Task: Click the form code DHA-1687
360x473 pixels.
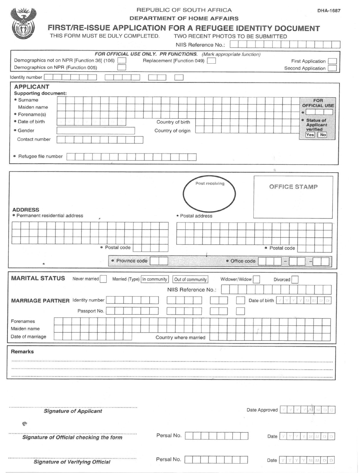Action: pos(329,10)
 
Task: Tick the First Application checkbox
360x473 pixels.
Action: pos(332,61)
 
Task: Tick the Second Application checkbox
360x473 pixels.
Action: pos(332,68)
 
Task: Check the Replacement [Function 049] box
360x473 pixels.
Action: pos(211,61)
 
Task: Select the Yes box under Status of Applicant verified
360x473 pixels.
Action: pos(310,135)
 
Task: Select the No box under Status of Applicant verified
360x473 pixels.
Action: pos(323,135)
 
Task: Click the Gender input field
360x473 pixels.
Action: pos(95,131)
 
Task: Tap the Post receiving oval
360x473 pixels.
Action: pos(209,194)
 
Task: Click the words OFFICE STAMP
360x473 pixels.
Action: pos(293,187)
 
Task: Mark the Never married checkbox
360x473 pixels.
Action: pos(103,279)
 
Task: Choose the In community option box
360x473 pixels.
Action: pos(155,279)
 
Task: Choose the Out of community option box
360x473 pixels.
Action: pos(190,279)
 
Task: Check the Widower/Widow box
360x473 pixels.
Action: pos(256,279)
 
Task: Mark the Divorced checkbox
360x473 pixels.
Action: pos(295,279)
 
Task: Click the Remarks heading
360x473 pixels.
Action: pos(22,352)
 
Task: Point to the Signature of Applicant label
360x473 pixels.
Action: pos(73,411)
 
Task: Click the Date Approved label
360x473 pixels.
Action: pos(262,410)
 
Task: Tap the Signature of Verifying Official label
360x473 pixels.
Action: pos(72,462)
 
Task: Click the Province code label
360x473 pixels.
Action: pos(132,261)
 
